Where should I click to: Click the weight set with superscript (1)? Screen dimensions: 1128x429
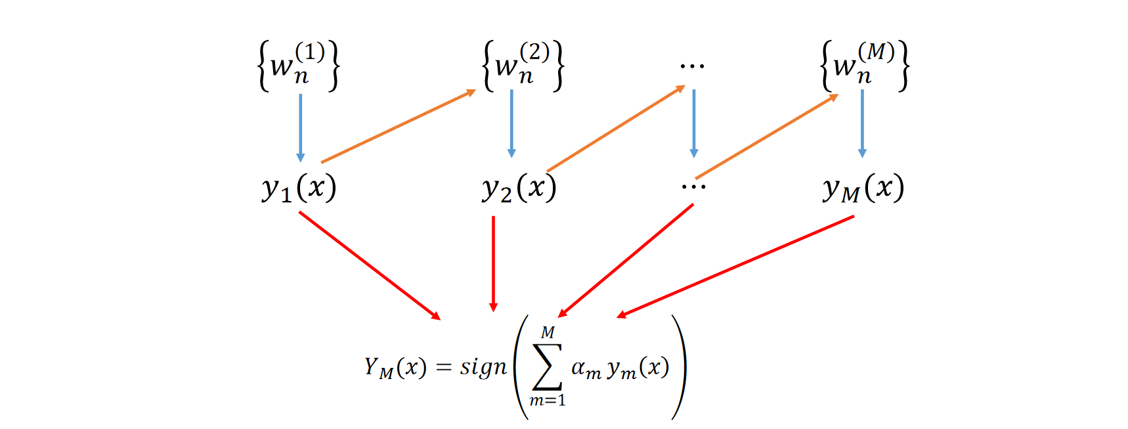pyautogui.click(x=298, y=65)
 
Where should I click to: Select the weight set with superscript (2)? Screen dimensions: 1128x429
pyautogui.click(x=523, y=65)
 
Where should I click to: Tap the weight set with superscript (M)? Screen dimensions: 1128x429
pyautogui.click(x=865, y=65)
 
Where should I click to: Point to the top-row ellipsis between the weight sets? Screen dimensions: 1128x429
pyautogui.click(x=693, y=66)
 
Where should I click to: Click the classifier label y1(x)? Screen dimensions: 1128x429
pyautogui.click(x=299, y=189)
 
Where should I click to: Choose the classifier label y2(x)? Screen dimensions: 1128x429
pyautogui.click(x=519, y=189)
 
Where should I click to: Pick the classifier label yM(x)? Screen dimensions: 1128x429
pyautogui.click(x=863, y=189)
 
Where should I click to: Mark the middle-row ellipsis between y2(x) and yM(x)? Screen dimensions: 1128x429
pyautogui.click(x=693, y=187)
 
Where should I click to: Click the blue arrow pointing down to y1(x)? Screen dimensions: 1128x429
pyautogui.click(x=301, y=127)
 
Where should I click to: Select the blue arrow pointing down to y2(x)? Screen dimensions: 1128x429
pyautogui.click(x=511, y=124)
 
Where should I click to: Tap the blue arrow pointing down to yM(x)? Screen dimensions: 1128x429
pyautogui.click(x=862, y=124)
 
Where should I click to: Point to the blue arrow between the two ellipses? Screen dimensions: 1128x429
pyautogui.click(x=694, y=124)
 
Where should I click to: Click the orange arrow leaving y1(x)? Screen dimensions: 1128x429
pyautogui.click(x=398, y=126)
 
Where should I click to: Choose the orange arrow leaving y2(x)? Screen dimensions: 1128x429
pyautogui.click(x=615, y=129)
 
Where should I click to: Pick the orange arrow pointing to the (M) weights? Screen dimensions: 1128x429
pyautogui.click(x=766, y=137)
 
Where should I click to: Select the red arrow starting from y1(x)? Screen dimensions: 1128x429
pyautogui.click(x=369, y=265)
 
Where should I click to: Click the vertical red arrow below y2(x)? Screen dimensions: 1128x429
pyautogui.click(x=493, y=263)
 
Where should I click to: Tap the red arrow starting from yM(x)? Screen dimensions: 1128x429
pyautogui.click(x=735, y=267)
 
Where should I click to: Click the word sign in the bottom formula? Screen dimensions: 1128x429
pyautogui.click(x=483, y=367)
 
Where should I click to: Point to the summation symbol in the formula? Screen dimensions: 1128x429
pyautogui.click(x=547, y=367)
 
